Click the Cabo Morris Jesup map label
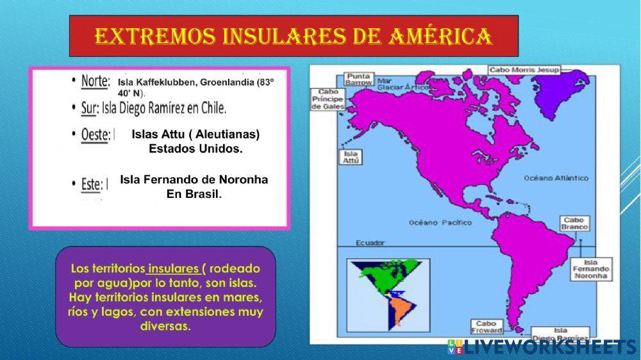click(524, 70)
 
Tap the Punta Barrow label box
click(358, 79)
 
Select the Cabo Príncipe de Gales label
click(328, 99)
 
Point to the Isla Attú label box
click(351, 157)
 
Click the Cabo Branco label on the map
click(575, 223)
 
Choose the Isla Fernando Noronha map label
click(590, 269)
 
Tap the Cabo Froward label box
click(486, 327)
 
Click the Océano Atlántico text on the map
click(556, 177)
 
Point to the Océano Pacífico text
click(440, 222)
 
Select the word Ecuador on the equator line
click(370, 243)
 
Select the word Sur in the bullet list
click(89, 108)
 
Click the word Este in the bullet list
click(91, 184)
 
